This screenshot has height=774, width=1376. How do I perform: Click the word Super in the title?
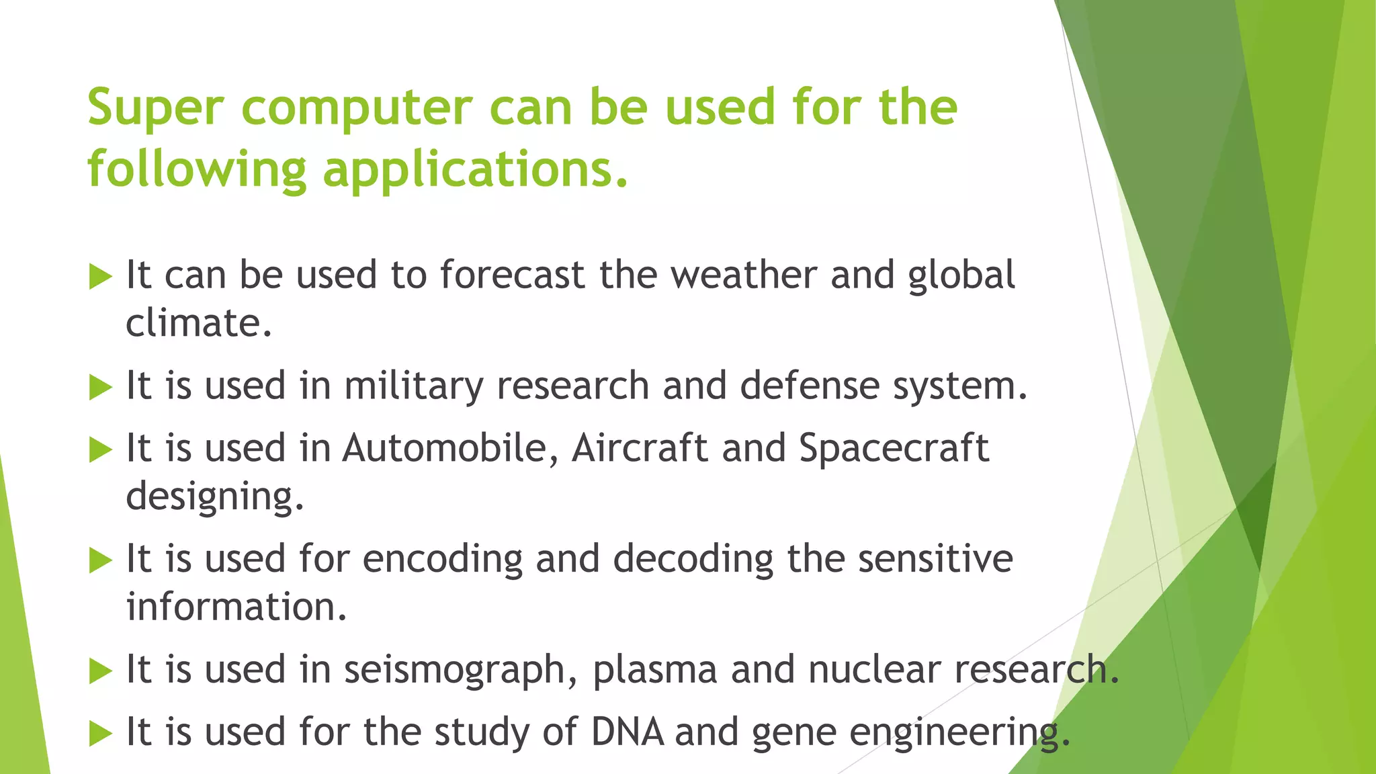coord(155,107)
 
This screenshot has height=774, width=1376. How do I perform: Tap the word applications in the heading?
coord(475,169)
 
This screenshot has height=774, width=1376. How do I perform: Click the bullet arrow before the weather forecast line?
coord(99,276)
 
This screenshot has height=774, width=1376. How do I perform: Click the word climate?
coord(198,323)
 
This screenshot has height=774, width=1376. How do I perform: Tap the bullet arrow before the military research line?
coord(99,387)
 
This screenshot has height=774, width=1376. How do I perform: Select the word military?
coord(413,386)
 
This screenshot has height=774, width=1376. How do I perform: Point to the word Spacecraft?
coord(894,448)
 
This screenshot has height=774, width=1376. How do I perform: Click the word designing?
coord(214,497)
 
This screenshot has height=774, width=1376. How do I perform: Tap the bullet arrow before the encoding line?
coord(99,560)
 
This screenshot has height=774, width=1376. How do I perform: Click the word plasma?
coord(654,670)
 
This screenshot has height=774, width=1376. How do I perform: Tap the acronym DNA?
coord(627,732)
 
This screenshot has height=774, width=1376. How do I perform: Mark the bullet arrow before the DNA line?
coord(99,734)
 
